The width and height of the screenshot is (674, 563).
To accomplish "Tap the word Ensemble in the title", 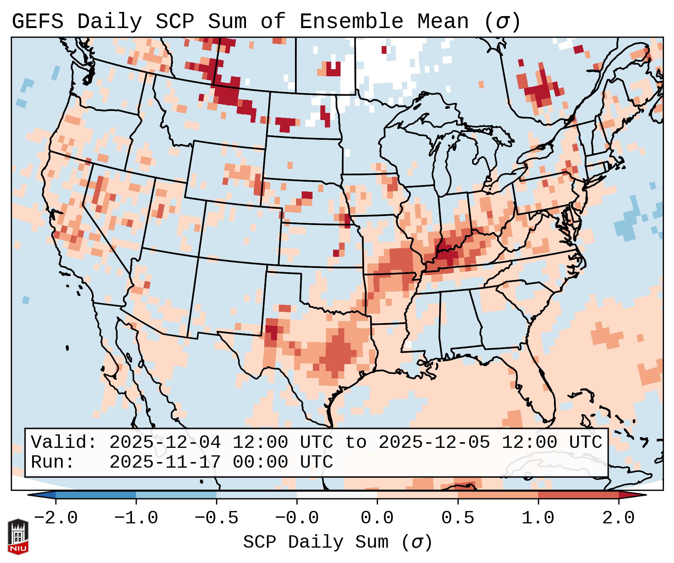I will click(x=351, y=21).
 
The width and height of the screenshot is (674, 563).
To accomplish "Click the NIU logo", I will click(x=18, y=536).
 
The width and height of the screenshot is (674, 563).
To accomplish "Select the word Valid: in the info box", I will click(x=64, y=443).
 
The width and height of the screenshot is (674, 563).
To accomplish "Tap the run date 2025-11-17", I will click(x=165, y=462).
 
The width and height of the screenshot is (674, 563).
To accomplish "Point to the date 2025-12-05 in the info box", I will click(x=434, y=443).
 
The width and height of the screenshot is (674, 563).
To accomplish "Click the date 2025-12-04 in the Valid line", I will click(x=165, y=443).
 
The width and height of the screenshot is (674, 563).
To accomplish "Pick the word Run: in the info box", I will click(x=53, y=462).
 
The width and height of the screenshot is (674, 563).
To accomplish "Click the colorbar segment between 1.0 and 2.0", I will click(x=578, y=495).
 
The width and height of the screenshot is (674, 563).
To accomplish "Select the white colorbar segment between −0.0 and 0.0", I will click(x=337, y=495).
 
